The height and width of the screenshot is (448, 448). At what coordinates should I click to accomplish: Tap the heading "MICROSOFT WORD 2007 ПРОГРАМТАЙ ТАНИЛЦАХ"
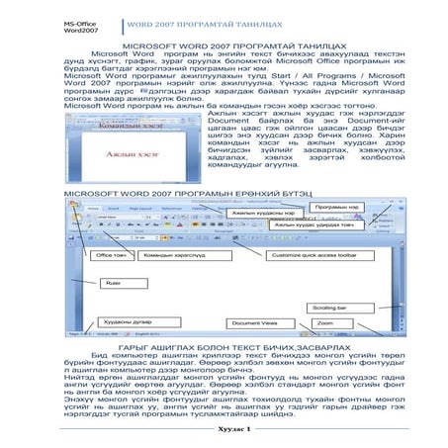[x=224, y=47]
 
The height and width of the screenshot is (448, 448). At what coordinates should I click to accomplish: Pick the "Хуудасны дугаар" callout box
[x=128, y=322]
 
